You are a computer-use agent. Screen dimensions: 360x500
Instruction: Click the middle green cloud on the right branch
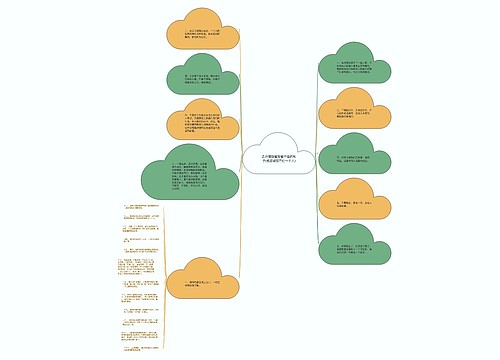355,156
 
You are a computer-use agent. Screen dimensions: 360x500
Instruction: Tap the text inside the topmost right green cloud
356,70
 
